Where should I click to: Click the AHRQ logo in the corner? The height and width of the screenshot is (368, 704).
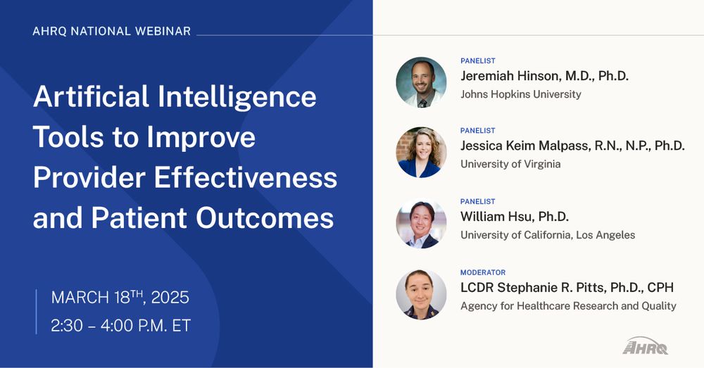point(645,345)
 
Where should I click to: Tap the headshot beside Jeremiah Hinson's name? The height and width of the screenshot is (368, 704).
point(421,82)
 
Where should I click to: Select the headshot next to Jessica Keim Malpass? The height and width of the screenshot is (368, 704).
point(421,153)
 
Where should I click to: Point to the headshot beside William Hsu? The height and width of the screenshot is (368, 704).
point(421,224)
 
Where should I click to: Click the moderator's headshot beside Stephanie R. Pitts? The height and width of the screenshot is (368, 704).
point(421,294)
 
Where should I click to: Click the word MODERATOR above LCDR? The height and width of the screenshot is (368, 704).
point(483,272)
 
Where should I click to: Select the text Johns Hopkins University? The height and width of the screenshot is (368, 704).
point(521,94)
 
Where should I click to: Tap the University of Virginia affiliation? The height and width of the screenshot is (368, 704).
point(510,164)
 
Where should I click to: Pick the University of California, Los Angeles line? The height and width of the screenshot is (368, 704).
point(548,235)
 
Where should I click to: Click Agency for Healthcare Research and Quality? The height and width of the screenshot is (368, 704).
point(568,306)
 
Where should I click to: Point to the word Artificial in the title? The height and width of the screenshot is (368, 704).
point(91,96)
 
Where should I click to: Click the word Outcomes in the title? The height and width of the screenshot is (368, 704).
point(265,218)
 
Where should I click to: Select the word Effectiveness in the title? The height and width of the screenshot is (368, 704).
point(246,177)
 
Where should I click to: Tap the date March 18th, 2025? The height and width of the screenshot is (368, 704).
point(120,298)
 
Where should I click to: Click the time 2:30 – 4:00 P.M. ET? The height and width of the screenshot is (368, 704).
point(121,326)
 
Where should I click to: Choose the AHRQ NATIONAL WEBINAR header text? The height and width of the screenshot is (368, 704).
point(112,31)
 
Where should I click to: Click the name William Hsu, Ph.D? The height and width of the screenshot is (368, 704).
point(515,217)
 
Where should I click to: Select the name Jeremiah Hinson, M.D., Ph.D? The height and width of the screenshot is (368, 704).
point(545,76)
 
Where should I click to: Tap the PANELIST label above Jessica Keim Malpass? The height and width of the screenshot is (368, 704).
point(478,131)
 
